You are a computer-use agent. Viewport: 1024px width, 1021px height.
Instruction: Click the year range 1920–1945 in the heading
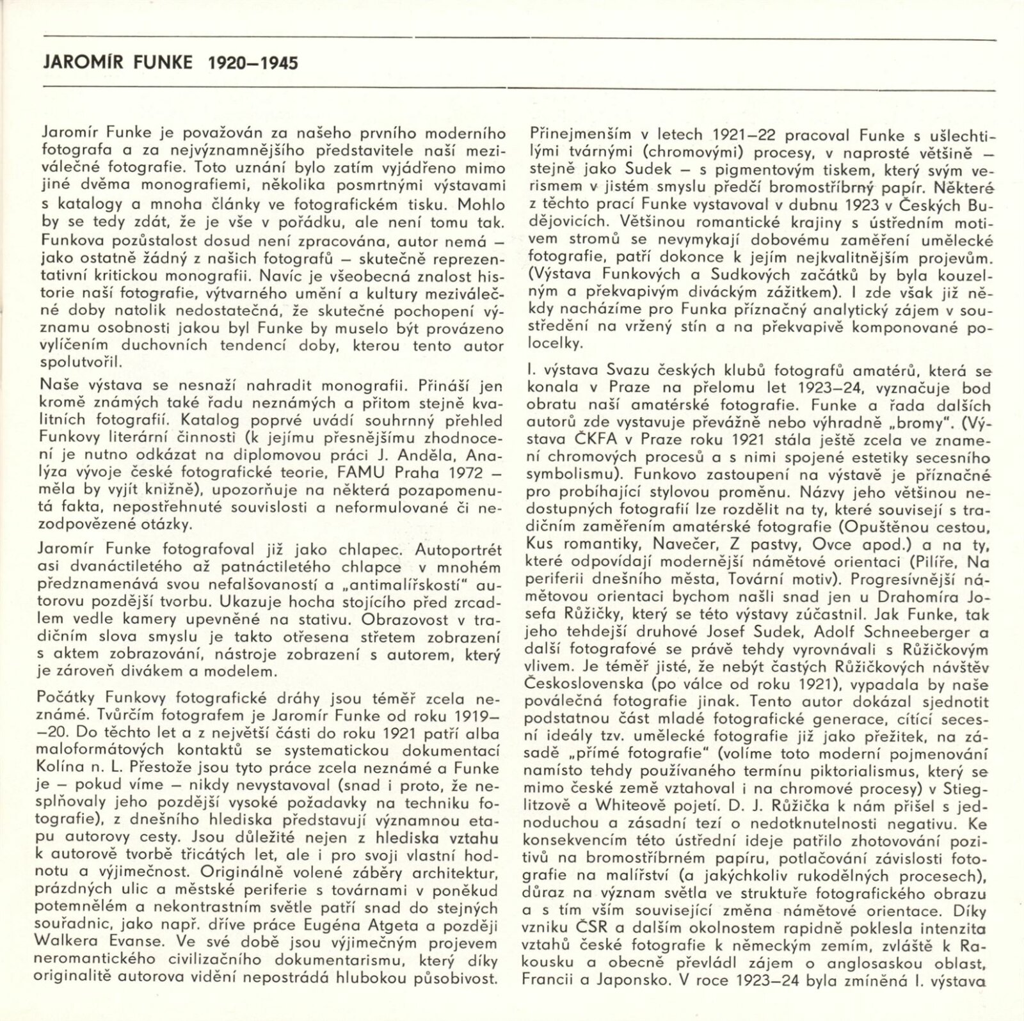point(253,63)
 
